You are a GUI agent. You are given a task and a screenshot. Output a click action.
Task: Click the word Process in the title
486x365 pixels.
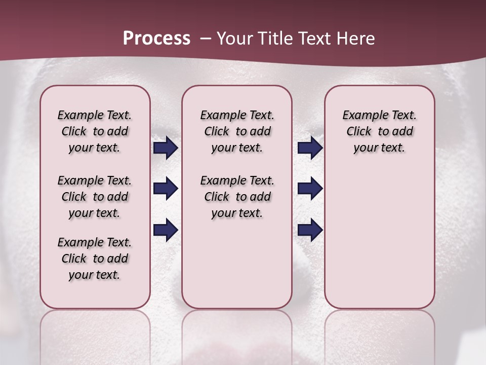(x=156, y=39)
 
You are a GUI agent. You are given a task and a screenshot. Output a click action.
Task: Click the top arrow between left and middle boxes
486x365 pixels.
(x=166, y=148)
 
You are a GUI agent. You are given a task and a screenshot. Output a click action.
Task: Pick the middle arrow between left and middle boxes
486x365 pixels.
(x=166, y=189)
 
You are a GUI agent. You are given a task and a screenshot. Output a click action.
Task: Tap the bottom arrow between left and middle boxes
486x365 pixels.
(x=166, y=230)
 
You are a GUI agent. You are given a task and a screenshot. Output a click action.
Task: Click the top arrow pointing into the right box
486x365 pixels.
(x=310, y=148)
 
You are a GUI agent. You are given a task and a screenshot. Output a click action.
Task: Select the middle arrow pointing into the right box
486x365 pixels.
(x=310, y=189)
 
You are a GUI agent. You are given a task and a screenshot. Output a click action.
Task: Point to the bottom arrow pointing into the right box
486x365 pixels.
(x=310, y=230)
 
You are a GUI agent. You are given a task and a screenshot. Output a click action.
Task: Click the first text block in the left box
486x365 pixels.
(x=95, y=131)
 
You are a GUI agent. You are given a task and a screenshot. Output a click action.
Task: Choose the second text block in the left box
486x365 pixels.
(x=95, y=197)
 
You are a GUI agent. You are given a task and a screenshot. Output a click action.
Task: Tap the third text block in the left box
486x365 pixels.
(x=95, y=259)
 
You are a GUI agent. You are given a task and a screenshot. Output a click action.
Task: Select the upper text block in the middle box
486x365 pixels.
(x=237, y=131)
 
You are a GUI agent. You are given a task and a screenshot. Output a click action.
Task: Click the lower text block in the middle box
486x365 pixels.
(x=237, y=197)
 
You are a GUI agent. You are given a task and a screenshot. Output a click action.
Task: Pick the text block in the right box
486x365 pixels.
(x=379, y=131)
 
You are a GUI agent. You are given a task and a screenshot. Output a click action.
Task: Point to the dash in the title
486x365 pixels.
(x=206, y=39)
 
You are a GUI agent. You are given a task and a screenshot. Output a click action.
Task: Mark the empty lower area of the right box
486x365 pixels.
(x=379, y=238)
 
